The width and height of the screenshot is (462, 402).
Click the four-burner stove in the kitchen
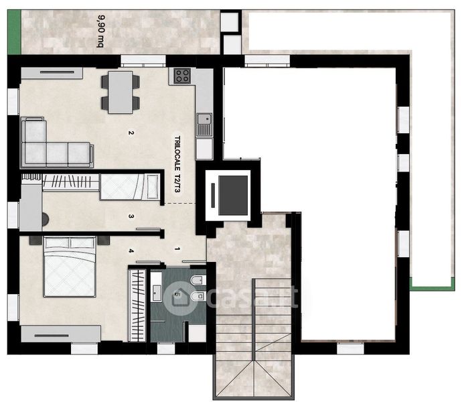click(182, 76)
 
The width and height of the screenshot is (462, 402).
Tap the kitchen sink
click(204, 125)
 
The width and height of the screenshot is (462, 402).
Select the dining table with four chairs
click(121, 92)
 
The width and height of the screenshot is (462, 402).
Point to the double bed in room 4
click(70, 267)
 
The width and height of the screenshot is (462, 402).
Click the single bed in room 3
click(130, 187)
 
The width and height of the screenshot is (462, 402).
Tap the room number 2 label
click(131, 133)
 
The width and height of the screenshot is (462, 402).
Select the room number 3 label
click(131, 216)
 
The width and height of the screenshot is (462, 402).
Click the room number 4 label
click(131, 251)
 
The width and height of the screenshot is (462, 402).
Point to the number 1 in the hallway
click(177, 249)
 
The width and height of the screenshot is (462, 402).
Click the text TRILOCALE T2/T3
click(177, 164)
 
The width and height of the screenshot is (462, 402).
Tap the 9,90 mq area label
click(100, 31)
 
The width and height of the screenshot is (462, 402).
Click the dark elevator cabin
click(233, 195)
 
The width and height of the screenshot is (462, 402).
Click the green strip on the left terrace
click(14, 32)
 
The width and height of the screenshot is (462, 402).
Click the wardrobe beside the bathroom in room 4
click(137, 306)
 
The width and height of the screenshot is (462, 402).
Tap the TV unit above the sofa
click(52, 73)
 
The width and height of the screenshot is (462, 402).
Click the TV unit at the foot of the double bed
click(61, 334)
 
